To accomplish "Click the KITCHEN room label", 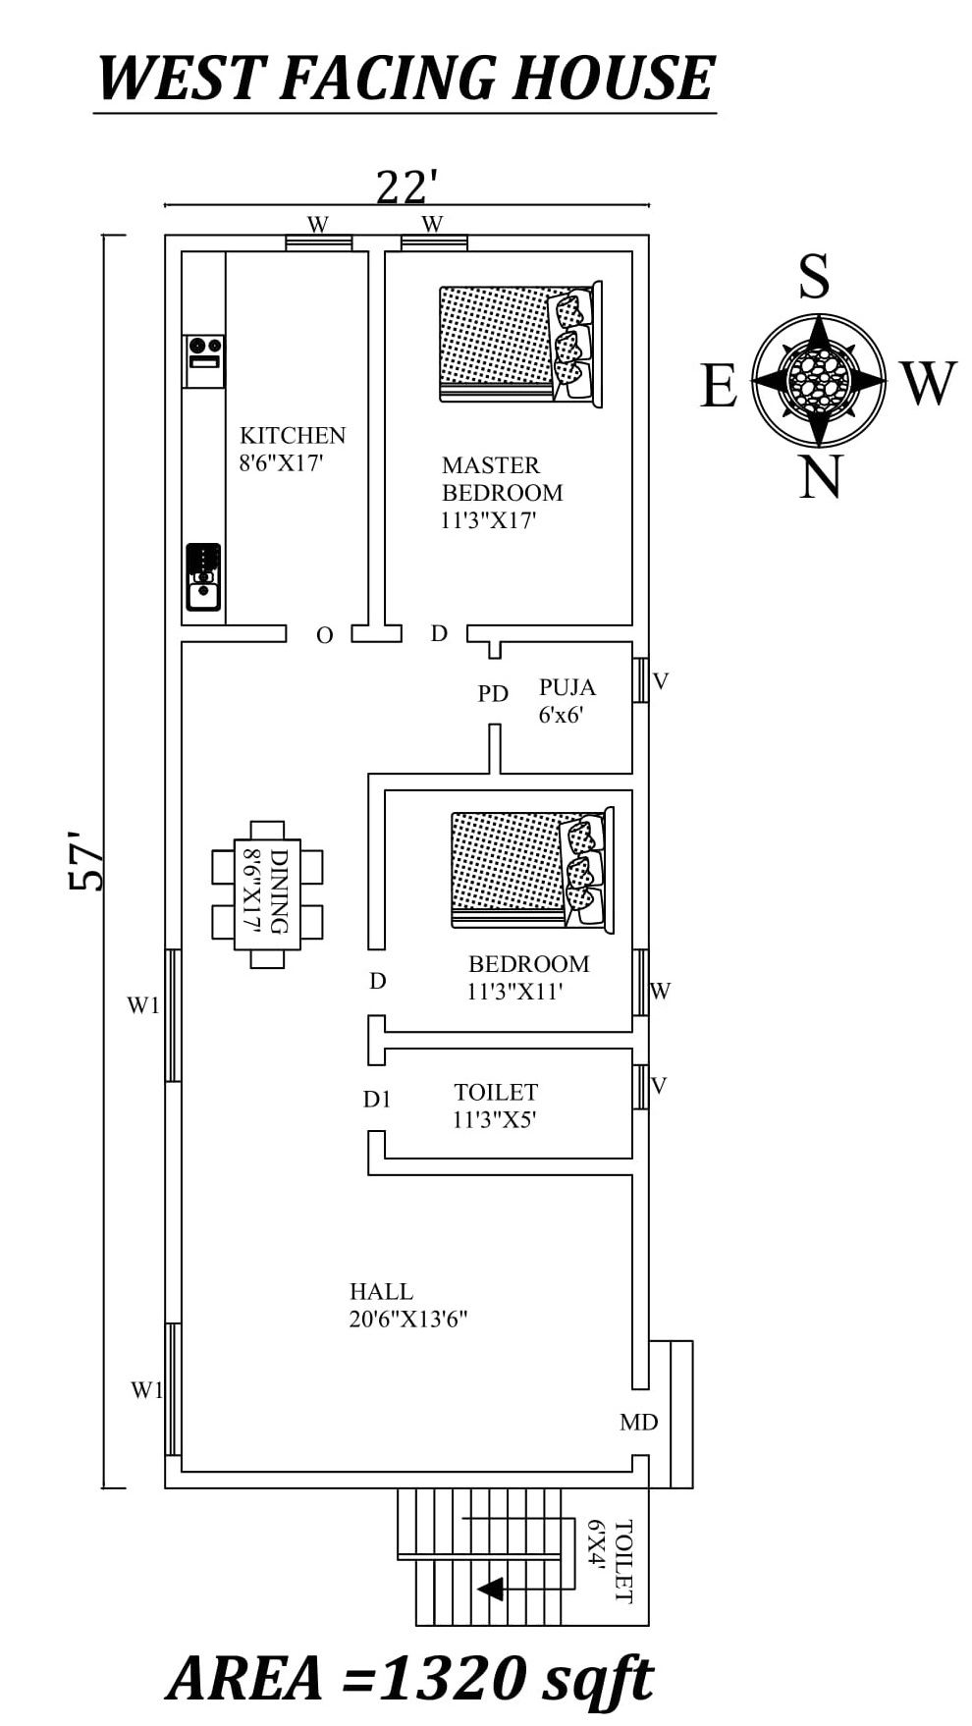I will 292,436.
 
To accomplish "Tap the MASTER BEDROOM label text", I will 502,479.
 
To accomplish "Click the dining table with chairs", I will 267,894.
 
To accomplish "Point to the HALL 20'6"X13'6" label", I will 406,1305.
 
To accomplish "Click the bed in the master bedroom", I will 519,344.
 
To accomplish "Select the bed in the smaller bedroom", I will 531,871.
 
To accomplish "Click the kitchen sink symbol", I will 203,578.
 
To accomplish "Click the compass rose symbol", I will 819,380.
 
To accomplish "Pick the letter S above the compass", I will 813,277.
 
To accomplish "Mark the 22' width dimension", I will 405,187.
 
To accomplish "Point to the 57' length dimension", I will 87,861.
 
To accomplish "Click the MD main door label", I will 638,1423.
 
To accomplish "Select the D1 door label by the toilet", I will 377,1100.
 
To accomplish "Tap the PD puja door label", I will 493,694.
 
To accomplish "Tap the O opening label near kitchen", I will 325,636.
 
